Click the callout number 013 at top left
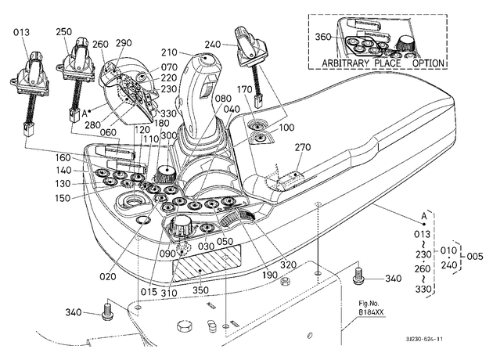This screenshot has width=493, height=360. click(x=21, y=32)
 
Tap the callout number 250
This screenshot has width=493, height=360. click(x=64, y=32)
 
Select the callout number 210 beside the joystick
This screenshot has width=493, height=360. click(x=170, y=52)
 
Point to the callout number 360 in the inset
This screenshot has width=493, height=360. click(x=323, y=37)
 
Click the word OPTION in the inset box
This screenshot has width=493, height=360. click(x=428, y=63)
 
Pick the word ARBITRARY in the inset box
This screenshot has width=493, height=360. click(x=346, y=63)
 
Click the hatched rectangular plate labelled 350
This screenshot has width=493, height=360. click(x=207, y=263)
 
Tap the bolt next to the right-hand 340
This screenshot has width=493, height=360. click(x=358, y=275)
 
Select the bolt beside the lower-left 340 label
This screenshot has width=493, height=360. click(x=106, y=311)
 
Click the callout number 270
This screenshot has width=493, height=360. click(x=303, y=147)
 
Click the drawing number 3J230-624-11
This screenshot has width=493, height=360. click(x=424, y=339)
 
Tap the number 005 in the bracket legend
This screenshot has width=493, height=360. click(x=474, y=256)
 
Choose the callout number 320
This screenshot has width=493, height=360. click(x=288, y=265)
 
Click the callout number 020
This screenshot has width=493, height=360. click(x=108, y=277)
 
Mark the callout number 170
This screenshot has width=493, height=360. click(x=245, y=89)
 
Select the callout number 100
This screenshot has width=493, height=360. click(x=286, y=128)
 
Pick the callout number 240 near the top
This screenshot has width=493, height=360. click(x=213, y=45)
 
